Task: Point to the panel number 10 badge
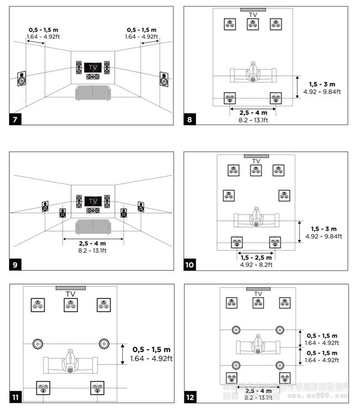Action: [x=190, y=265]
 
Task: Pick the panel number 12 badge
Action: [x=190, y=396]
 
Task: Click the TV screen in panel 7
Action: [x=92, y=67]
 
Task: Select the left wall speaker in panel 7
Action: [x=22, y=79]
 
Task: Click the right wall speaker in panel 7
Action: [x=164, y=79]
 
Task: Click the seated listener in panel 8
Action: [x=253, y=71]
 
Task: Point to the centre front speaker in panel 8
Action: [x=253, y=24]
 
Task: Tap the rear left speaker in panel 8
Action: [x=229, y=99]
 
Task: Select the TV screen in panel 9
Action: [x=92, y=201]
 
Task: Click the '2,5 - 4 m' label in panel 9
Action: [x=92, y=244]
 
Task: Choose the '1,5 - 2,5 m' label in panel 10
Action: [x=256, y=257]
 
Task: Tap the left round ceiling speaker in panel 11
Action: [x=38, y=344]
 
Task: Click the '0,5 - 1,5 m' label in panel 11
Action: [x=151, y=350]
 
